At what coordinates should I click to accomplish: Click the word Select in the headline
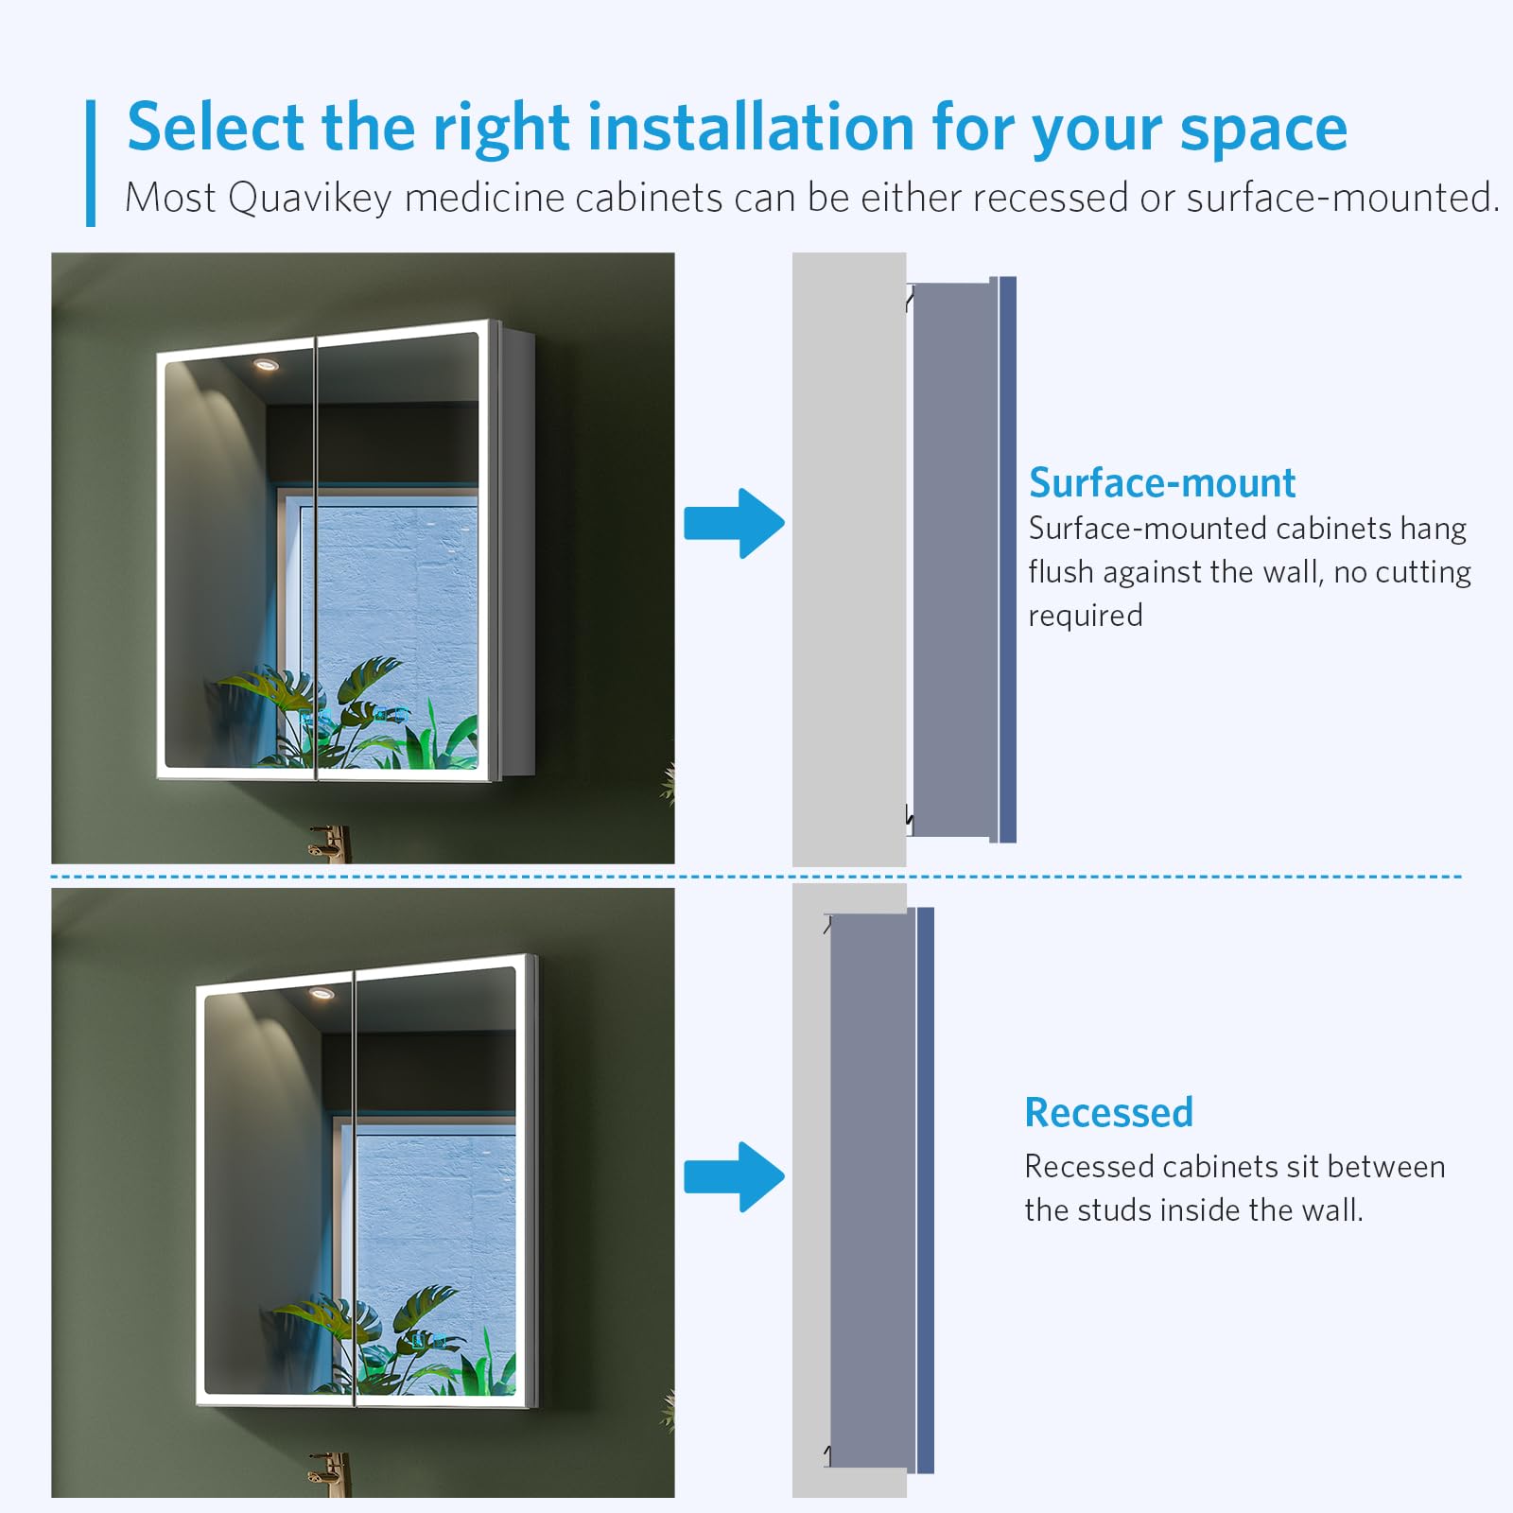pyautogui.click(x=216, y=127)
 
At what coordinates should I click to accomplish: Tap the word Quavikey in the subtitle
pyautogui.click(x=309, y=199)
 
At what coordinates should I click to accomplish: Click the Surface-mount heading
pyautogui.click(x=1161, y=483)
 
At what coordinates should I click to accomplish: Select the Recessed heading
pyautogui.click(x=1108, y=1113)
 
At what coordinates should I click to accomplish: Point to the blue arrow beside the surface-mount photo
pyautogui.click(x=734, y=523)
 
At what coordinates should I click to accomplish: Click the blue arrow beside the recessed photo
pyautogui.click(x=734, y=1177)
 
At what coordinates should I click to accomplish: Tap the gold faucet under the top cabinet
pyautogui.click(x=330, y=843)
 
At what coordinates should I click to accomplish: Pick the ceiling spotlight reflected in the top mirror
pyautogui.click(x=266, y=366)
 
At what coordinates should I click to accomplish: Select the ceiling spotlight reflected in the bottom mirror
pyautogui.click(x=322, y=993)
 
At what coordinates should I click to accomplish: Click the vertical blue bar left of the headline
pyautogui.click(x=91, y=164)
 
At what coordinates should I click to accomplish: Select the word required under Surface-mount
pyautogui.click(x=1086, y=617)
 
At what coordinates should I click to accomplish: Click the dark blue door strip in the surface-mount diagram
pyautogui.click(x=1007, y=559)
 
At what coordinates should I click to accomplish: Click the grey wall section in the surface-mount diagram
pyautogui.click(x=849, y=559)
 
